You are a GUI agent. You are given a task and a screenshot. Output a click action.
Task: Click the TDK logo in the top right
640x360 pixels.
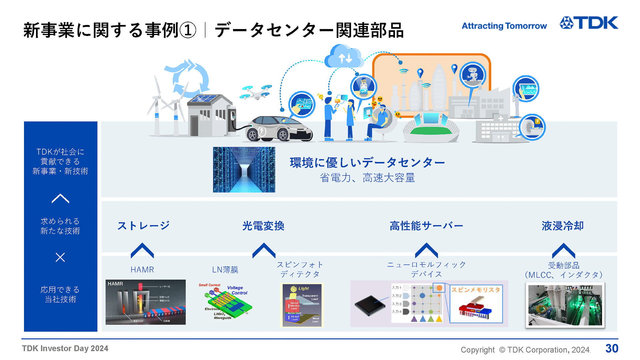pyautogui.click(x=589, y=23)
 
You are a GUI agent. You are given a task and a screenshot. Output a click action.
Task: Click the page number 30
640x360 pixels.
pyautogui.click(x=612, y=348)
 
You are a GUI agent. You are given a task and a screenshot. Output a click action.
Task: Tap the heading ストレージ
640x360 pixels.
pyautogui.click(x=143, y=226)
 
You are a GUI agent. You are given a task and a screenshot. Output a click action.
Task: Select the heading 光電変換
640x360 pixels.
pyautogui.click(x=263, y=226)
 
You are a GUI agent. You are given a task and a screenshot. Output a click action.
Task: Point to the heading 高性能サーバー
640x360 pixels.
pyautogui.click(x=426, y=226)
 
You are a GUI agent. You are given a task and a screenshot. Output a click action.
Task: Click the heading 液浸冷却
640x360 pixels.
pyautogui.click(x=563, y=226)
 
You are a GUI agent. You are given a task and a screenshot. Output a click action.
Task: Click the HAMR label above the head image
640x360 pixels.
pyautogui.click(x=142, y=269)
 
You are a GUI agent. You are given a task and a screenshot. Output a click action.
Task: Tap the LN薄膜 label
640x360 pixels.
pyautogui.click(x=225, y=269)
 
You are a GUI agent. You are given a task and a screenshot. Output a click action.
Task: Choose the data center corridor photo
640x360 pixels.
pyautogui.click(x=244, y=169)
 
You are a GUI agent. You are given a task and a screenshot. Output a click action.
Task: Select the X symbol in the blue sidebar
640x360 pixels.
pyautogui.click(x=60, y=257)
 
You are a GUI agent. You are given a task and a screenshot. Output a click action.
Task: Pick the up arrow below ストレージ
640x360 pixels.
pyautogui.click(x=142, y=251)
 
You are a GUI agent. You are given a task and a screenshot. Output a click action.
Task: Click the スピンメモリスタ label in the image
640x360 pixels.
pyautogui.click(x=476, y=290)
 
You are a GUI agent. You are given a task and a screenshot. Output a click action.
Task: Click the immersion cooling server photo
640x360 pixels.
pyautogui.click(x=565, y=305)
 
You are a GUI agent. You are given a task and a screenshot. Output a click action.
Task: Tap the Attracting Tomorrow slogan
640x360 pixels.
pyautogui.click(x=504, y=26)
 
